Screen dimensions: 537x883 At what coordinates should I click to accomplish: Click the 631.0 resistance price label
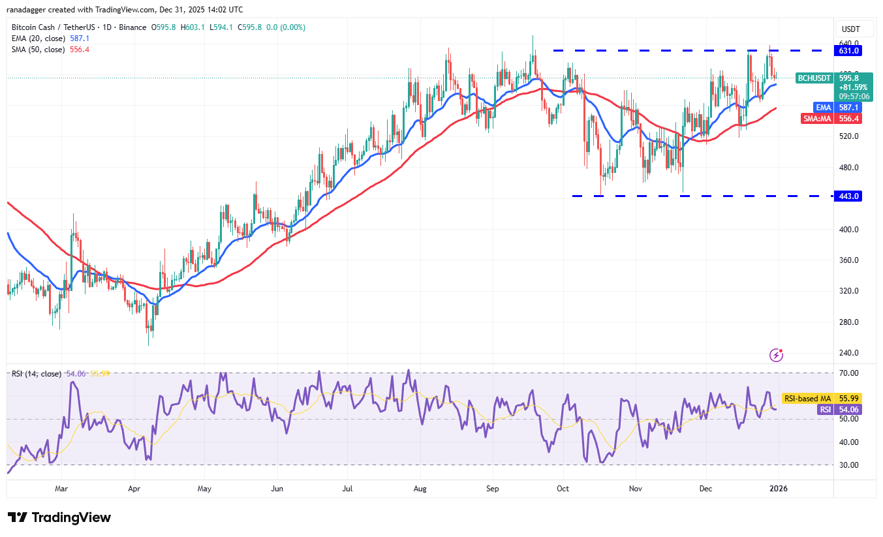[x=851, y=50]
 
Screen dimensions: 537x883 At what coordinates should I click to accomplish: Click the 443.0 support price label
[x=851, y=196]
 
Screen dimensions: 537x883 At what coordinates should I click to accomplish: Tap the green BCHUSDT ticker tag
[x=815, y=78]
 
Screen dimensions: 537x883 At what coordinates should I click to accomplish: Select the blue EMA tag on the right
[x=822, y=107]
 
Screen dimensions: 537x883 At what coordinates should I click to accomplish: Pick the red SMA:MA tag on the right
[x=817, y=119]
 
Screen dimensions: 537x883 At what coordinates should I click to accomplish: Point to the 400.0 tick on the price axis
[x=848, y=230]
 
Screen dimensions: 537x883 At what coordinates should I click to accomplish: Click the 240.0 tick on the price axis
[x=848, y=353]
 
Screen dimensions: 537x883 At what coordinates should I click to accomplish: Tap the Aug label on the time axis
[x=420, y=488]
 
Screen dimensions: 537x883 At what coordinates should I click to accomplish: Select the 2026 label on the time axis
[x=776, y=488]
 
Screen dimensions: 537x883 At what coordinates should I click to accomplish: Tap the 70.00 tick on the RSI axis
[x=848, y=373]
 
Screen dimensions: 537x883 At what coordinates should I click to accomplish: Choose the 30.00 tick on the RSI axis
[x=848, y=465]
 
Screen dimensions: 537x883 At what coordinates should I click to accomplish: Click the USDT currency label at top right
[x=851, y=29]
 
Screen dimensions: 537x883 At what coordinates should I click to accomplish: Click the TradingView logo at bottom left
[x=59, y=517]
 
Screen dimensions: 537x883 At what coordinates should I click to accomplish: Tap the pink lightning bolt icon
[x=776, y=355]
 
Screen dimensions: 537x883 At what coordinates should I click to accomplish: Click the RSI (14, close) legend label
[x=37, y=374]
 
